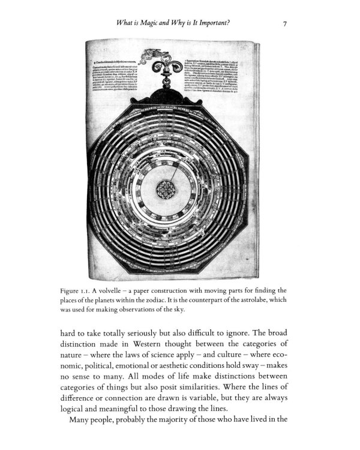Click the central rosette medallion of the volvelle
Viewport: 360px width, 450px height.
coord(164,190)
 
